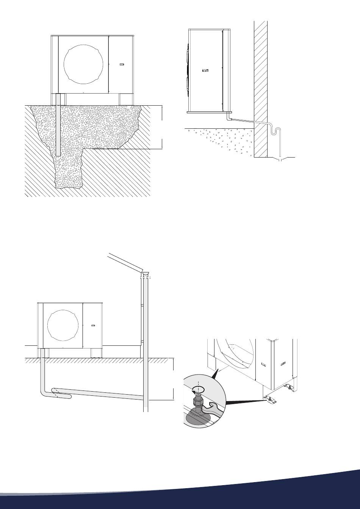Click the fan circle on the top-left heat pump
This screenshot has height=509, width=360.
point(83,67)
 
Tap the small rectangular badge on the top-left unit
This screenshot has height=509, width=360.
point(122,65)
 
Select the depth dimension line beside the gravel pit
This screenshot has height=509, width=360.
point(162,127)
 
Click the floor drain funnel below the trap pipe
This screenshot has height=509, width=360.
point(281,159)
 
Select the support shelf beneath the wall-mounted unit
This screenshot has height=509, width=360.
point(208,112)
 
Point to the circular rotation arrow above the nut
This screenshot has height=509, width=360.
point(199,389)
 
